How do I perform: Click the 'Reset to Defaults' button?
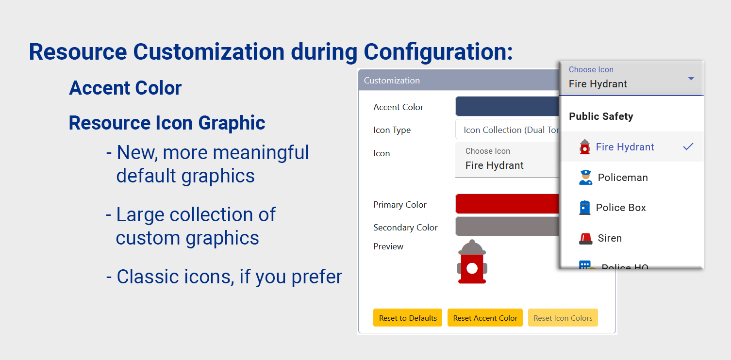[x=408, y=318]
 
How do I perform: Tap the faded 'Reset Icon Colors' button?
[x=563, y=318]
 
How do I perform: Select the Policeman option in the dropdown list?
[x=623, y=178]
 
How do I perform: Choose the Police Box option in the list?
[x=621, y=208]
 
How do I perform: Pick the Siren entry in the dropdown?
[x=610, y=238]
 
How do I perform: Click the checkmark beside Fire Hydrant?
[x=688, y=147]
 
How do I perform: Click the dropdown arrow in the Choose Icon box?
[x=691, y=79]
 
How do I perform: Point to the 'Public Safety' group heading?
[x=601, y=116]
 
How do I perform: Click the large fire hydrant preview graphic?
[x=472, y=262]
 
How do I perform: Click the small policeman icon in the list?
[x=586, y=178]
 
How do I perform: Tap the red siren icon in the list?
[x=585, y=239]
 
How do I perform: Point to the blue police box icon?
[x=585, y=208]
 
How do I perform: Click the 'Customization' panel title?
[x=392, y=81]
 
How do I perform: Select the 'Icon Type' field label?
[x=392, y=130]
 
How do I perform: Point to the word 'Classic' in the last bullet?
[x=144, y=277]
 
